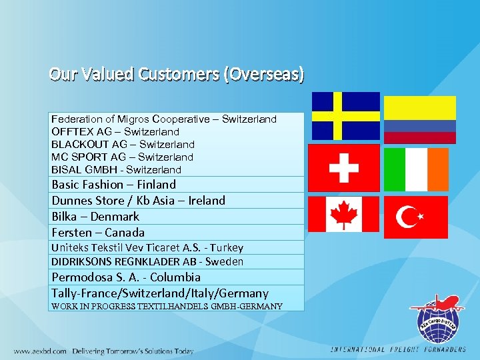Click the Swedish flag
346,115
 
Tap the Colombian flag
420,120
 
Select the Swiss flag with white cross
345,167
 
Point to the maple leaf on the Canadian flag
344,215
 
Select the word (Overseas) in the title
265,74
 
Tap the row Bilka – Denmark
95,217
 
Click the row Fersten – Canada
98,233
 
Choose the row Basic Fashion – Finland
113,185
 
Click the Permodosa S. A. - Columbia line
126,277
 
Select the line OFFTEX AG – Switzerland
115,132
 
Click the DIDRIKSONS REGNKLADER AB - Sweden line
147,262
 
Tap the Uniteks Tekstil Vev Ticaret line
147,248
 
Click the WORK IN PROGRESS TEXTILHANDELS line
167,307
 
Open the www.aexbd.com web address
40,351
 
